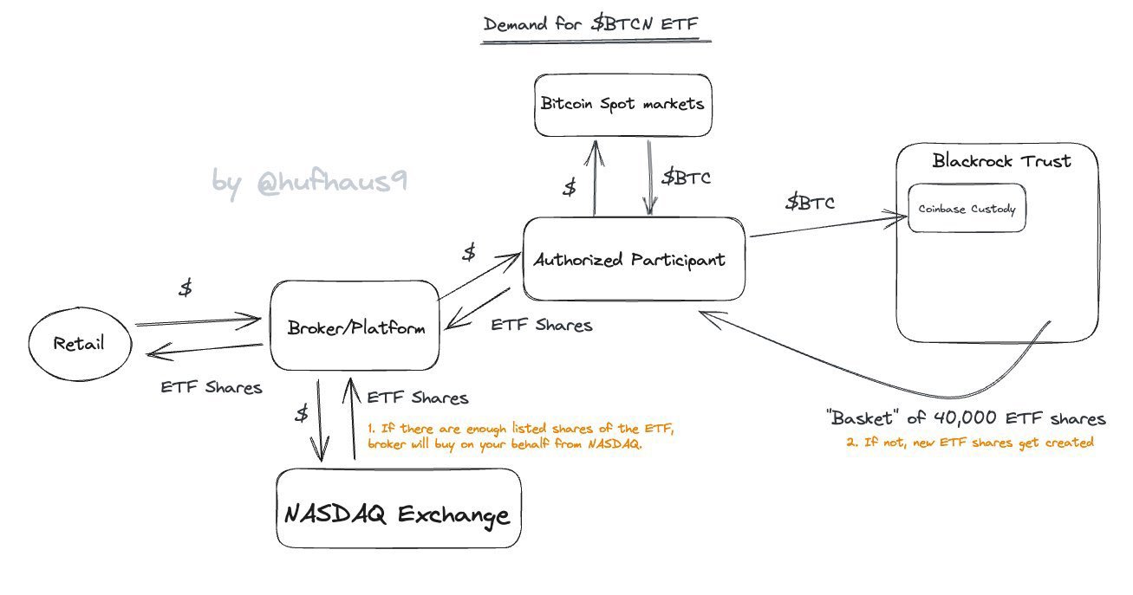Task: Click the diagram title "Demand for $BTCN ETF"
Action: click(597, 23)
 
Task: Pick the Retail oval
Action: click(78, 343)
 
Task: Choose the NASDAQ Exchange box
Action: click(398, 515)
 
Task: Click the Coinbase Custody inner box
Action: click(967, 209)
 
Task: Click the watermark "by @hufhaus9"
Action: click(309, 181)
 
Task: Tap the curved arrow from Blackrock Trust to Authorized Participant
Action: click(867, 374)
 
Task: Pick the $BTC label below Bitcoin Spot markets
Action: click(687, 178)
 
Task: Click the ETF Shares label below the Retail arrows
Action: click(211, 387)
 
